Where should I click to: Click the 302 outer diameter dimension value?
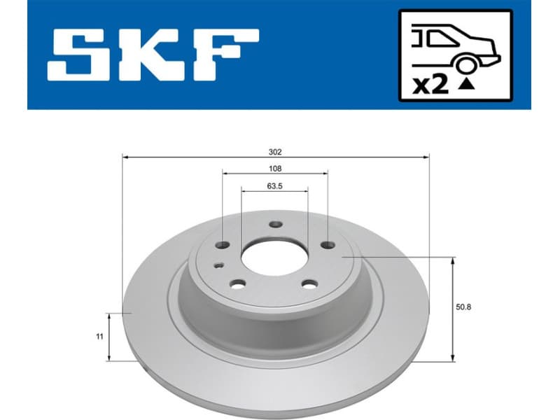point(275,151)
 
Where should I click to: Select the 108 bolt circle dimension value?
point(275,169)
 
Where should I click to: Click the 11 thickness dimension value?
point(100,337)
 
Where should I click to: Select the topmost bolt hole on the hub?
point(274,225)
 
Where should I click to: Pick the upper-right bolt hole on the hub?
point(327,245)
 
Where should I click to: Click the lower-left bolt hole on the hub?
point(237,284)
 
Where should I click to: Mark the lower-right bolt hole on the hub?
point(308,283)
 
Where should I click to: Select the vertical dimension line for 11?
point(108,337)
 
